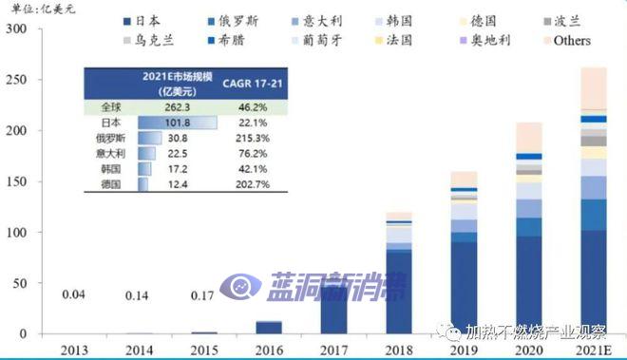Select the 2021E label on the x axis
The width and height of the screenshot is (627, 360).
point(592,350)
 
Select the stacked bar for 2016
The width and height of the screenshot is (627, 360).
point(269,328)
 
